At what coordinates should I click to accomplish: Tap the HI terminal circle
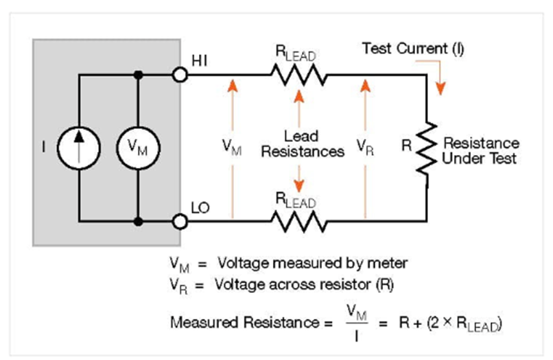click(x=180, y=73)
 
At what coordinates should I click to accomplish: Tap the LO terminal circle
click(x=180, y=221)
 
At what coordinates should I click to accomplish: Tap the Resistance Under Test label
click(x=480, y=151)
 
